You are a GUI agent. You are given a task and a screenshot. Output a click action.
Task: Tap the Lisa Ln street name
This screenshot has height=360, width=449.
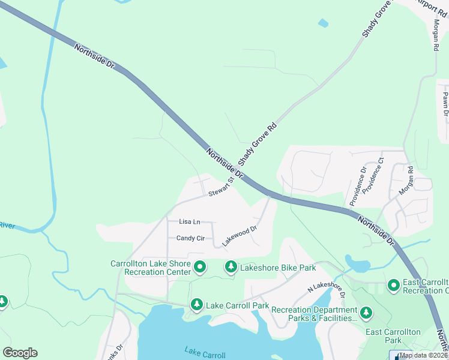(189, 222)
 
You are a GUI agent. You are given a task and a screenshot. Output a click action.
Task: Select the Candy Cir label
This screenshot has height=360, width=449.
(190, 238)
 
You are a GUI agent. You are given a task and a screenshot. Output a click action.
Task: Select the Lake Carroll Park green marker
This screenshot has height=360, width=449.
(197, 305)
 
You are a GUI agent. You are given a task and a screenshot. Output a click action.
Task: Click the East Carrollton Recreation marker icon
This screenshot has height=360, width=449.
(394, 286)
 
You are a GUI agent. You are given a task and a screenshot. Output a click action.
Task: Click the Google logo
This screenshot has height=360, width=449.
(20, 353)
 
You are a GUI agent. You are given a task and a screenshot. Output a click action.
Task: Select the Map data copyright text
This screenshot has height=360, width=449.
(424, 355)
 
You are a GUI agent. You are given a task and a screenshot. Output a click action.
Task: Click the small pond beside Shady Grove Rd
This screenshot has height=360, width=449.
(324, 23)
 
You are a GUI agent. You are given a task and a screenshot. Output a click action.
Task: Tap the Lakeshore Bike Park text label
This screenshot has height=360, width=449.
(278, 268)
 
